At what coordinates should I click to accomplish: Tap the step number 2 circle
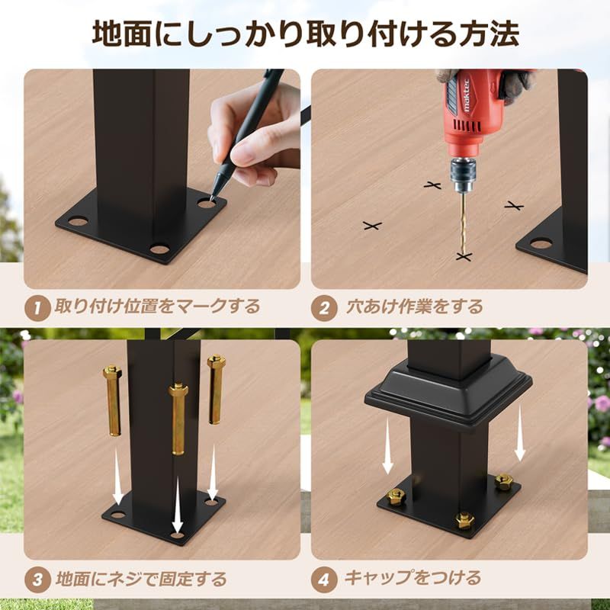324,307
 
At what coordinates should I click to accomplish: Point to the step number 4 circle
324,578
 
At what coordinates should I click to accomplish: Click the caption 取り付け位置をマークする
157,307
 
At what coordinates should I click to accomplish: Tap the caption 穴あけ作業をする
415,307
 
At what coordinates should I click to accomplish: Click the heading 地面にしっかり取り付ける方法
305,34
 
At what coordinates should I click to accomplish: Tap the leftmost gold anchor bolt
113,400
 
